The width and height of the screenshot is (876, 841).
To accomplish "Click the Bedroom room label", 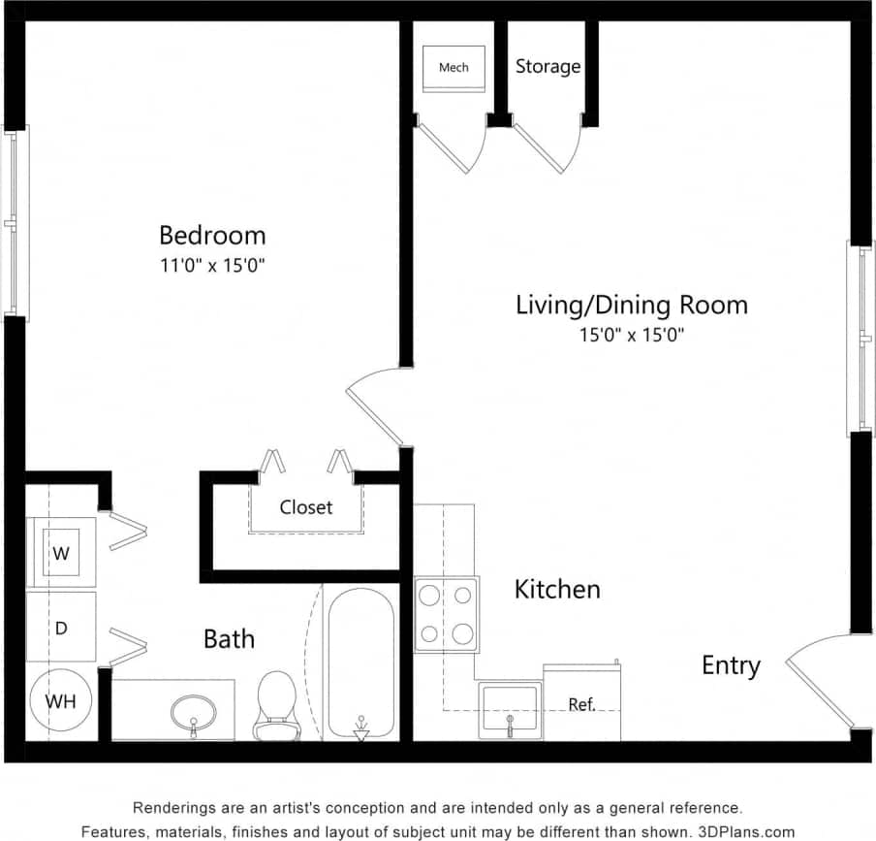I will pyautogui.click(x=212, y=235).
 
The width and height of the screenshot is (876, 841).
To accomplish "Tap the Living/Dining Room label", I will pyautogui.click(x=631, y=305).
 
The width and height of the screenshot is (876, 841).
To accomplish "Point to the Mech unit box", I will pyautogui.click(x=454, y=68).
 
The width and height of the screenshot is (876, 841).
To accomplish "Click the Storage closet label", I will pyautogui.click(x=547, y=66).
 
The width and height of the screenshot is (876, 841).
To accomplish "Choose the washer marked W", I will pyautogui.click(x=61, y=554).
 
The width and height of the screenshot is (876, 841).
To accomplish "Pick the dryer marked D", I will pyautogui.click(x=60, y=628).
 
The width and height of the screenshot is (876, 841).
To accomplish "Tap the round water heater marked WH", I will pyautogui.click(x=60, y=700).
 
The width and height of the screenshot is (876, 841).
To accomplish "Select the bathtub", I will pyautogui.click(x=360, y=663).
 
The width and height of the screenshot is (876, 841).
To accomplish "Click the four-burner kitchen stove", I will pyautogui.click(x=447, y=614).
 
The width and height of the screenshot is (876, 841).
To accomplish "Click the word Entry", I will pyautogui.click(x=731, y=665).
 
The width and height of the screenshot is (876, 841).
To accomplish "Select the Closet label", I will pyautogui.click(x=306, y=507).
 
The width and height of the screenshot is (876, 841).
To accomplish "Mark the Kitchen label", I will pyautogui.click(x=556, y=589).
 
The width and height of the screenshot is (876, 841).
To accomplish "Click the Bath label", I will pyautogui.click(x=229, y=638).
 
